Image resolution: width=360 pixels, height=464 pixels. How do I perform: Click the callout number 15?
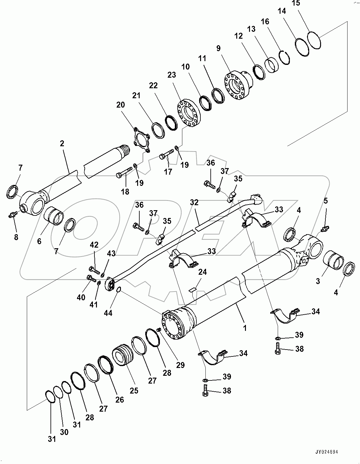[x=296, y=3]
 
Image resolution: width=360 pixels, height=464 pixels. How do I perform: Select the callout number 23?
[x=171, y=75]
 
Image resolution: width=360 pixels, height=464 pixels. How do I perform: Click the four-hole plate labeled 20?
[x=141, y=140]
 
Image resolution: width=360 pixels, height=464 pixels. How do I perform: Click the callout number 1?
[x=245, y=328]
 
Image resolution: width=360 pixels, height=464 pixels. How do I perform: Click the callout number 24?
[x=202, y=272]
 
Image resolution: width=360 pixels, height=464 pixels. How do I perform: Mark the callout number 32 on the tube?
[x=194, y=202]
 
